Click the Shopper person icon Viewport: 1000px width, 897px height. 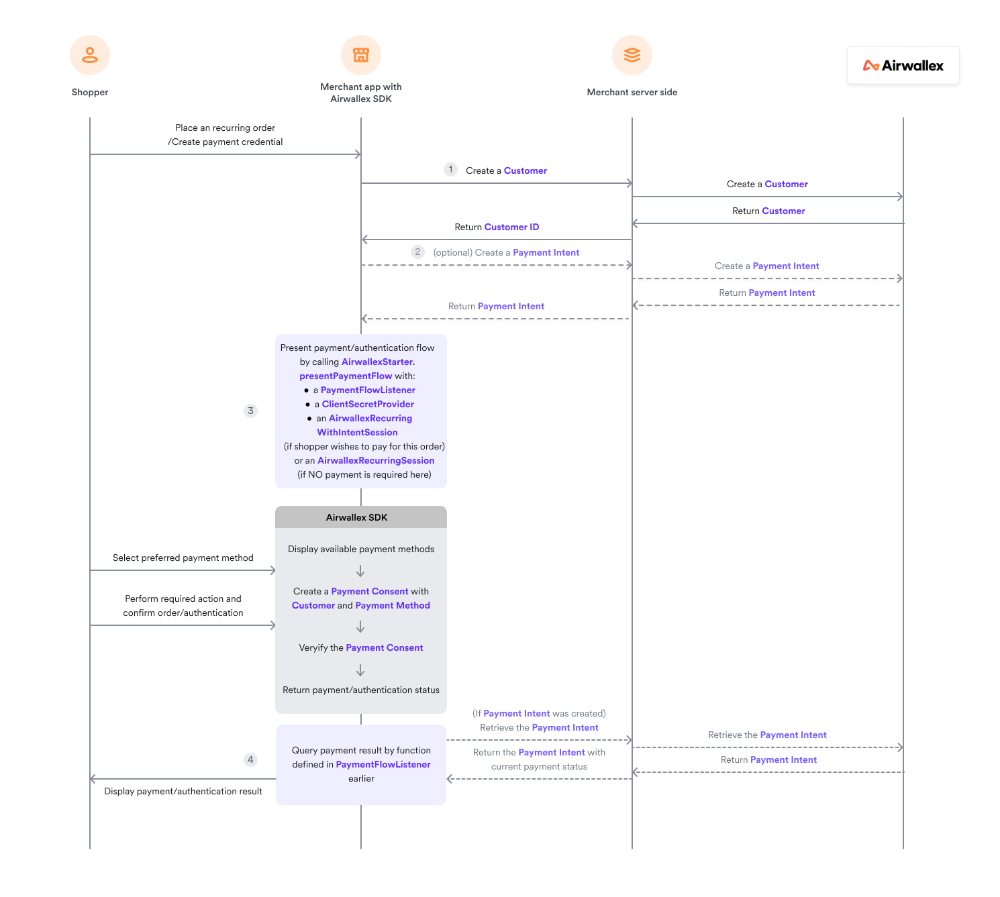coord(90,55)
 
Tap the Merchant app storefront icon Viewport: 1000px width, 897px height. coord(361,55)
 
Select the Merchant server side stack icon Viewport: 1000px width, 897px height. coord(632,55)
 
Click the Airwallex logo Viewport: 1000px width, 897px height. coord(903,66)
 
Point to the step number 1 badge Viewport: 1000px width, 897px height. coord(450,170)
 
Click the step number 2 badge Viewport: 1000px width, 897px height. coord(417,252)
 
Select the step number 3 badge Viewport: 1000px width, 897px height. coord(250,411)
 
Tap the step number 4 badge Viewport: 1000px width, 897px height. coord(250,759)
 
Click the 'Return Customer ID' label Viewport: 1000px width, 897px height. coord(497,227)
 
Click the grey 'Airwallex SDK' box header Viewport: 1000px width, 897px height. coord(360,517)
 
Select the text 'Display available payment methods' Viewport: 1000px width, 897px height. coord(361,549)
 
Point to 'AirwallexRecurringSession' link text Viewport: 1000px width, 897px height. coord(376,461)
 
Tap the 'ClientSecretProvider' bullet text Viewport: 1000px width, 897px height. coord(368,405)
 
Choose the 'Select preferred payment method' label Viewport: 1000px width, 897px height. coord(183,558)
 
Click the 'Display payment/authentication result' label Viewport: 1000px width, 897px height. coord(183,792)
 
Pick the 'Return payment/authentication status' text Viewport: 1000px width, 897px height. coord(361,690)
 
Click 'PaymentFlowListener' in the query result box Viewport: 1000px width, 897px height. coord(383,765)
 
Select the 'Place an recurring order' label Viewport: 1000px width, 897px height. coord(226,128)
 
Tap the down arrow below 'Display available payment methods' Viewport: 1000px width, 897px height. coord(360,571)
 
